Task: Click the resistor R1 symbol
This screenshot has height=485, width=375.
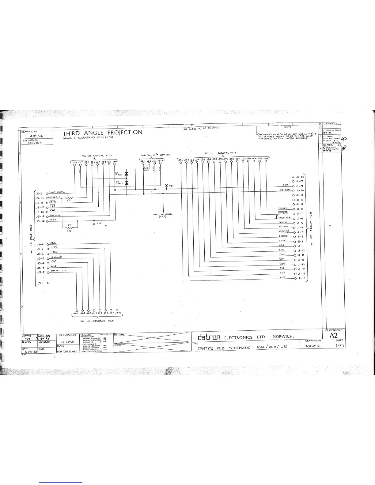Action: (x=69, y=197)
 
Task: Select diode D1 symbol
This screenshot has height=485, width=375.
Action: (x=127, y=174)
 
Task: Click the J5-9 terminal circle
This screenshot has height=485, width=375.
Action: (x=47, y=194)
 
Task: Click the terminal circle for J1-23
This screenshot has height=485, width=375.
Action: (x=293, y=177)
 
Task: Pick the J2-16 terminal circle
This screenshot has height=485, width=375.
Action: (x=266, y=162)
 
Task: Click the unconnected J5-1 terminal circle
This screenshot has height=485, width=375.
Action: (x=48, y=283)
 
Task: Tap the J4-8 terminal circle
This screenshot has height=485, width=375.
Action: (x=117, y=310)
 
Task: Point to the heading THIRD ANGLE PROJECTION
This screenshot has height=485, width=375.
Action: (x=103, y=133)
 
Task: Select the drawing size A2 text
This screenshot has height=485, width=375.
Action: (x=334, y=335)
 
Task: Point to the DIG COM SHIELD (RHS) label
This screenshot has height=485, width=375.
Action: (x=162, y=215)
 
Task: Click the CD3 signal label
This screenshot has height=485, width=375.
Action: (x=282, y=277)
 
